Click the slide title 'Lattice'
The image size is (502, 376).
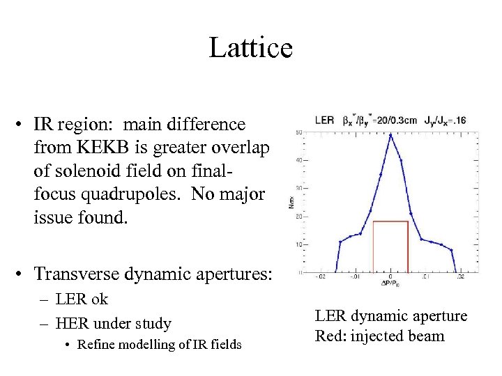[x=251, y=48]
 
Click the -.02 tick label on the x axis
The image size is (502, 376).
[x=320, y=276]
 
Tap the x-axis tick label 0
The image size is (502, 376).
[x=390, y=276]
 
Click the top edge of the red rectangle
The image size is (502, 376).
[x=390, y=221]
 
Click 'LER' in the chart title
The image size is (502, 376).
[x=324, y=120]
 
